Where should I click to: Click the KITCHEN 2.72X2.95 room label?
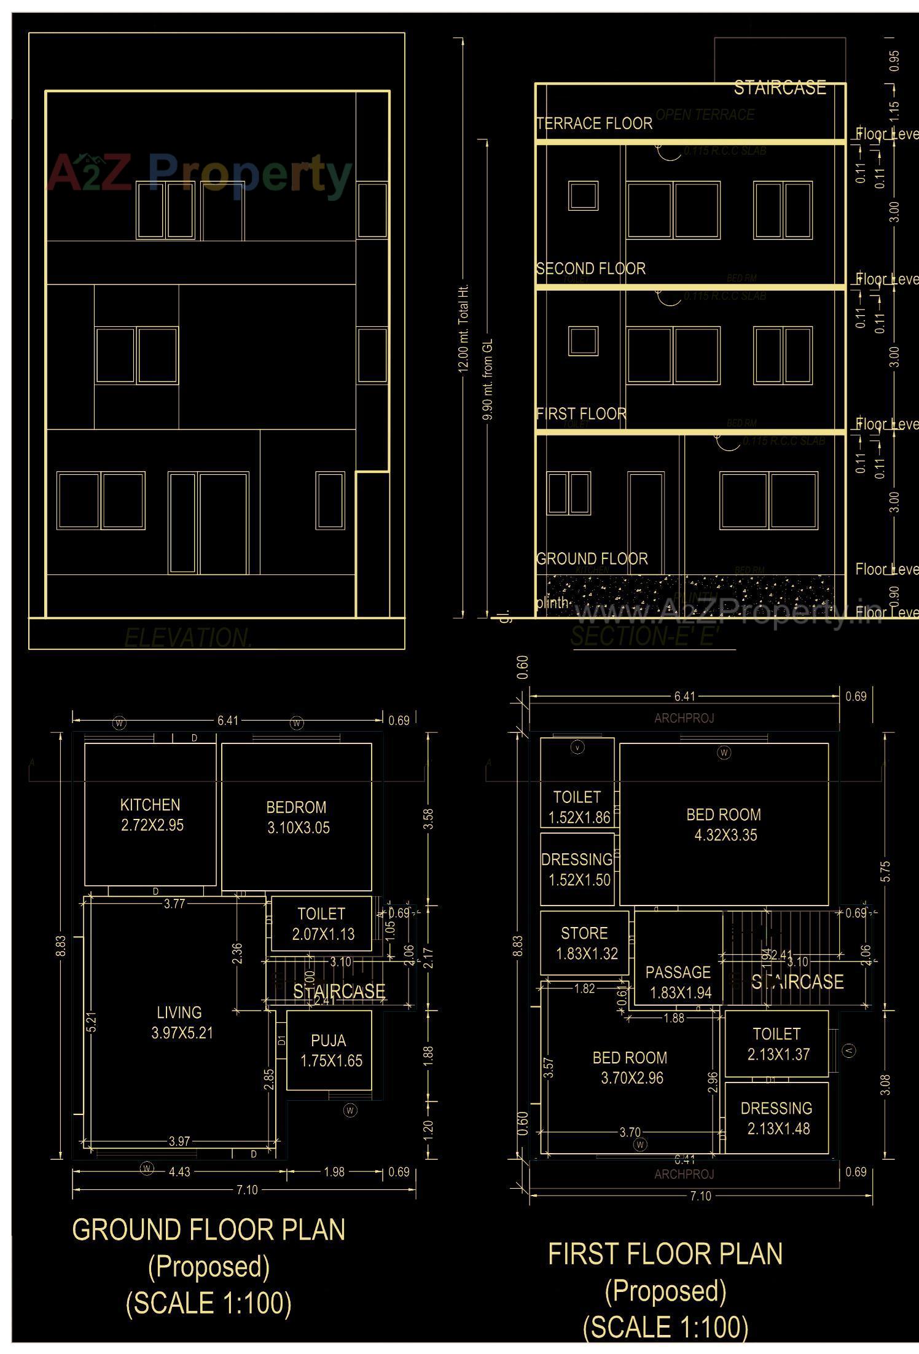[x=151, y=815]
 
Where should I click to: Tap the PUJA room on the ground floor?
[x=330, y=1051]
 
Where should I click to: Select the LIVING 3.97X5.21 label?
[x=180, y=1023]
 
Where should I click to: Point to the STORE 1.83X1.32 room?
[x=585, y=943]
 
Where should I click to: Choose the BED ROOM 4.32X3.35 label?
[x=724, y=824]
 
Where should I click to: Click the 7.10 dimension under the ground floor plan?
[x=247, y=1190]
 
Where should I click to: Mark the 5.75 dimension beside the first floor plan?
[x=885, y=871]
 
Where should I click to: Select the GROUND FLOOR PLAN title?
[x=209, y=1229]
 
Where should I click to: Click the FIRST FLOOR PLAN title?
[x=665, y=1254]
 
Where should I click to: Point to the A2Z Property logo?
[x=200, y=174]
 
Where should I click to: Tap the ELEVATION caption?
[x=188, y=638]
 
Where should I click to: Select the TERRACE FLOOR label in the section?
[x=594, y=123]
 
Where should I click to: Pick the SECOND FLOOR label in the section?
[x=590, y=268]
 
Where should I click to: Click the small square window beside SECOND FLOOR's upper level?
[x=583, y=196]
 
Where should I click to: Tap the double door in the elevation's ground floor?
[x=208, y=523]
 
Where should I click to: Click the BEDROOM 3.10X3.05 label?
[x=297, y=817]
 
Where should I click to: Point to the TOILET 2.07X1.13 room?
[x=322, y=924]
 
